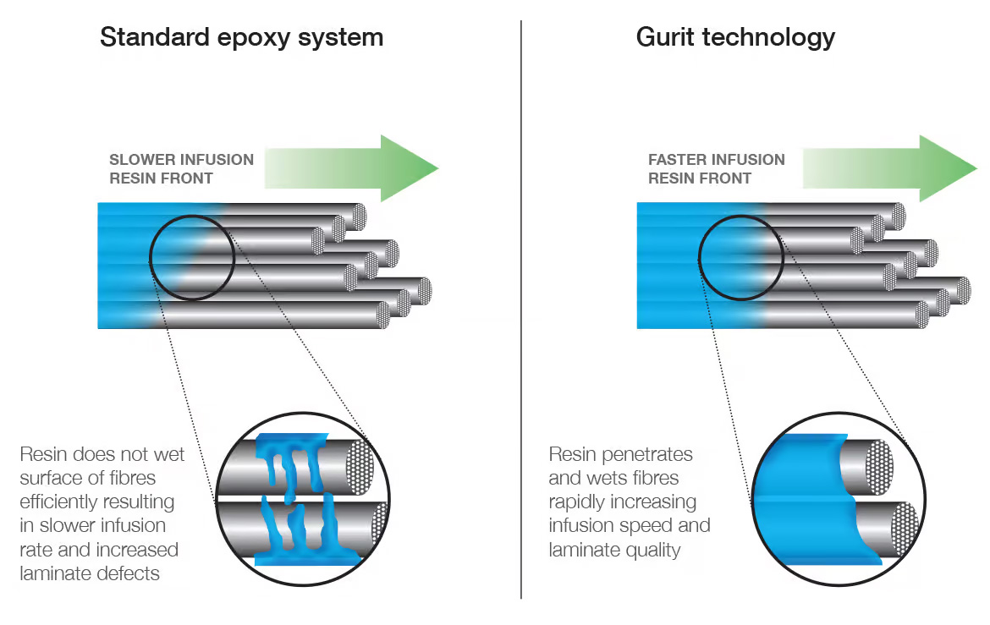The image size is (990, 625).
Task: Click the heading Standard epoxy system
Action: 241,37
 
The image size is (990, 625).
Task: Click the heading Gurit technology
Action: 735,37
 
